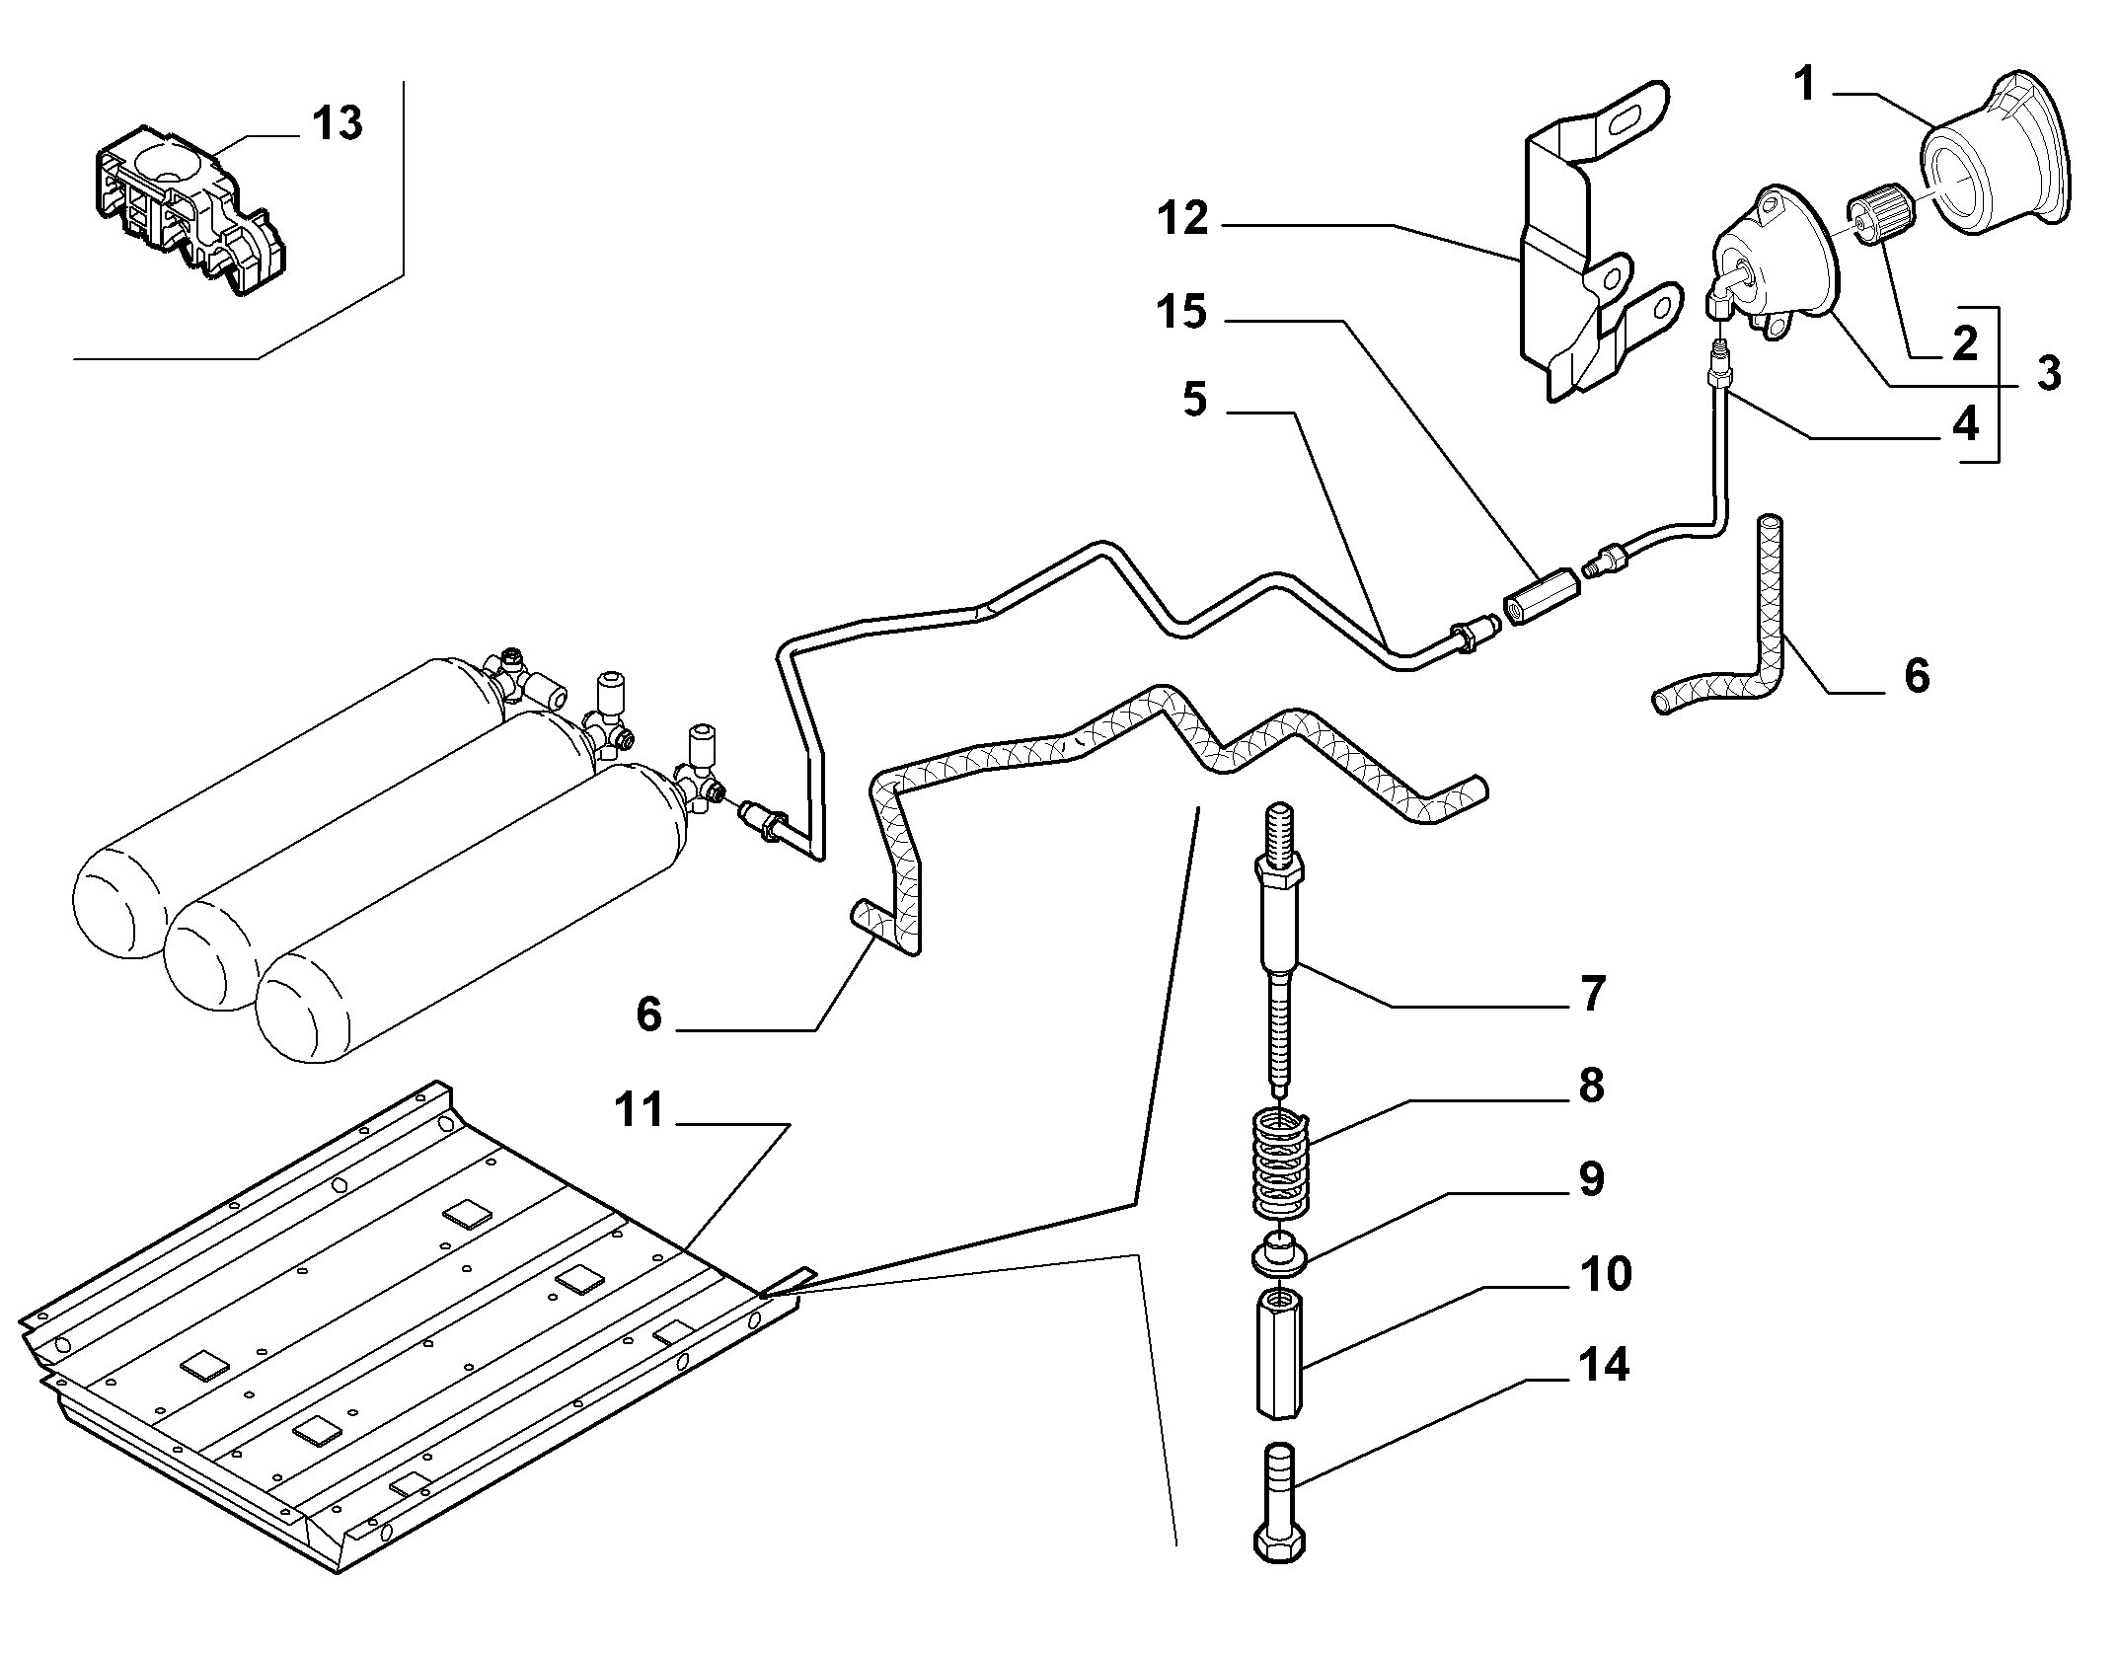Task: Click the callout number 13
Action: click(338, 125)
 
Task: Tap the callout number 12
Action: click(1183, 218)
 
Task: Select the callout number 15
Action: click(1182, 312)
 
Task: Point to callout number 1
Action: click(1804, 85)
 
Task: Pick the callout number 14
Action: click(1603, 1365)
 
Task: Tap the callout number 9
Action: click(1591, 1179)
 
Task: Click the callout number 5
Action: click(1194, 401)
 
